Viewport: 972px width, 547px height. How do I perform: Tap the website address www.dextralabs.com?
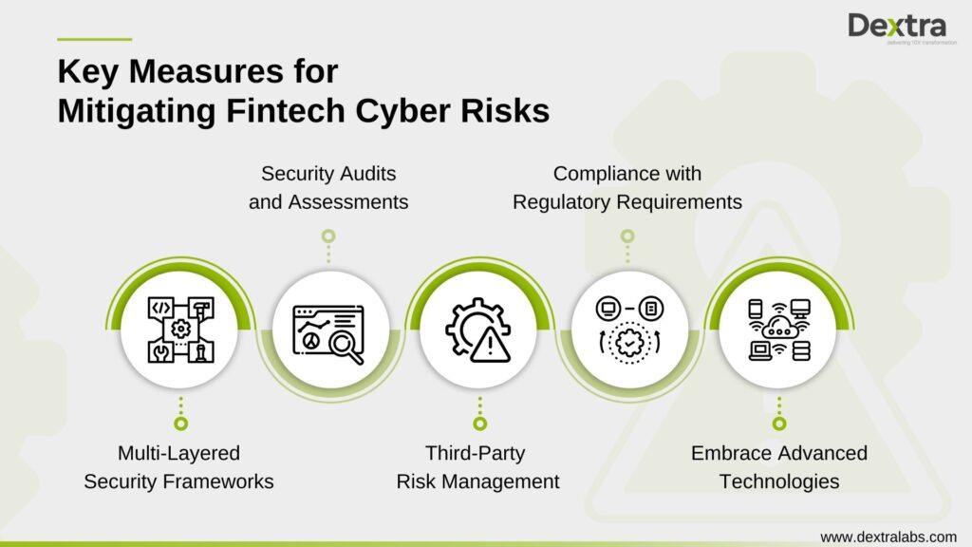click(888, 537)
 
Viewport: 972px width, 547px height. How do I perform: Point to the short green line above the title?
click(94, 39)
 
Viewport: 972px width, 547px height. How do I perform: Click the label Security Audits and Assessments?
click(328, 188)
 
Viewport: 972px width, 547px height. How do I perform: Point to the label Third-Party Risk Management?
click(477, 467)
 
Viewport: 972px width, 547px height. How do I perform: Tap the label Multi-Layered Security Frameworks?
click(179, 467)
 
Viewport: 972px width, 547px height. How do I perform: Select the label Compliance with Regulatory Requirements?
click(626, 188)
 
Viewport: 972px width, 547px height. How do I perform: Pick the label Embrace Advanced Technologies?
click(778, 467)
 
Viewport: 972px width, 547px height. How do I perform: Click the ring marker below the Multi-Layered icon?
click(180, 424)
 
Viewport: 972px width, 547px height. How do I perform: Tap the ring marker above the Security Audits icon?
click(328, 236)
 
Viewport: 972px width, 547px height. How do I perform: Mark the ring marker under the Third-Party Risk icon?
click(479, 424)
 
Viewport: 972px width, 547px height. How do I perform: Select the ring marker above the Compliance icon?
click(626, 236)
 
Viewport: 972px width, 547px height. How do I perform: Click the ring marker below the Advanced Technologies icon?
click(778, 424)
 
